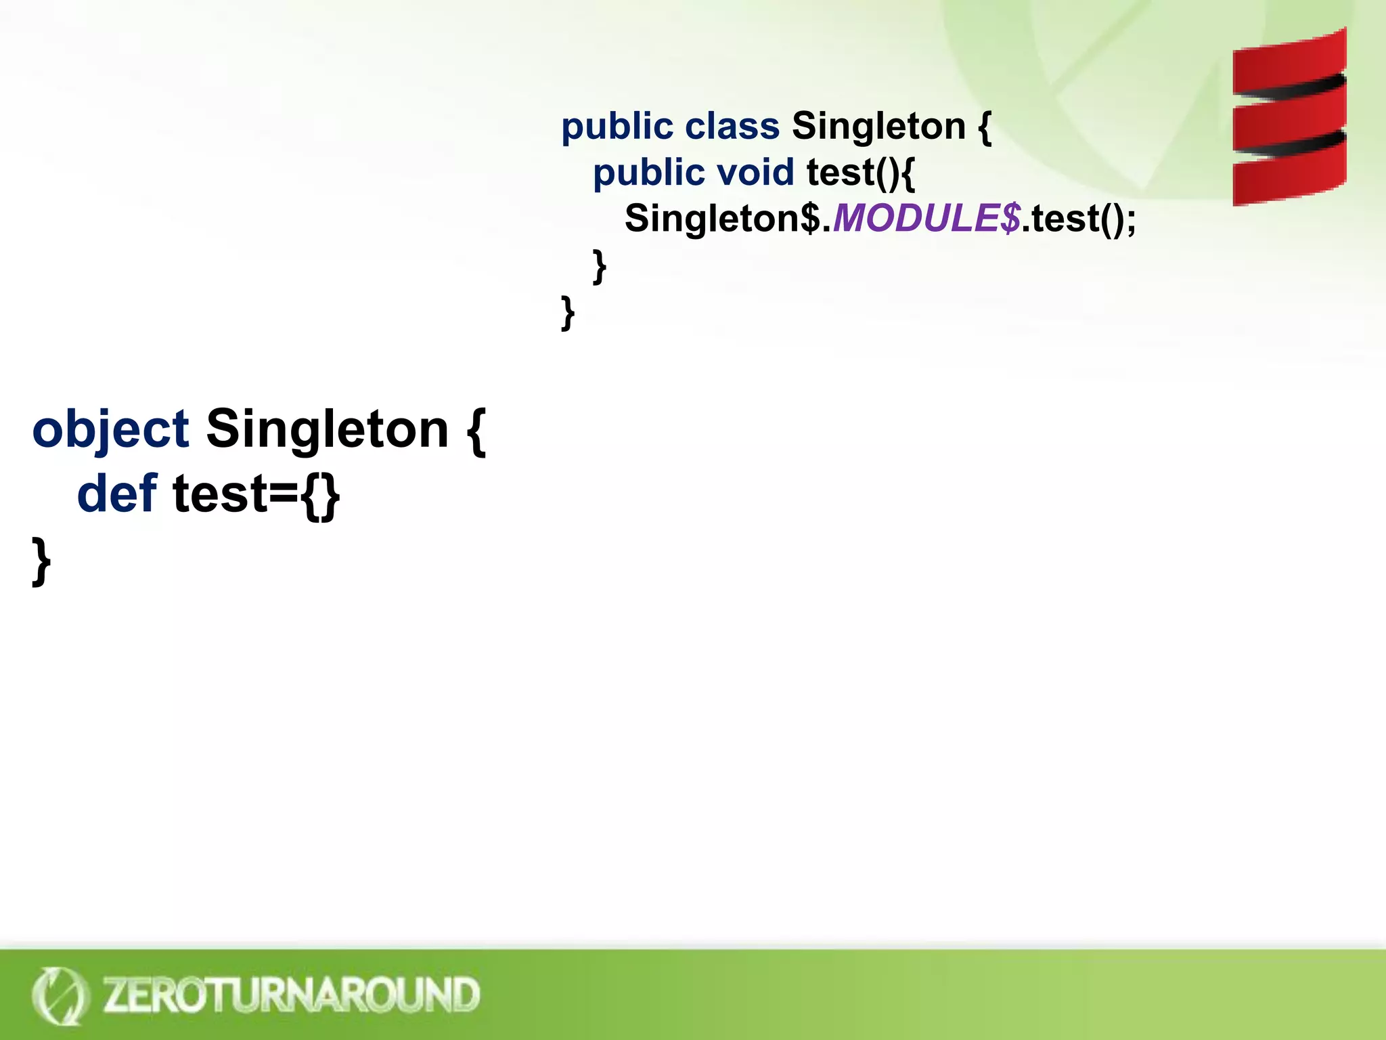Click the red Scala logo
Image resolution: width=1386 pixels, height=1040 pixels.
(x=1289, y=117)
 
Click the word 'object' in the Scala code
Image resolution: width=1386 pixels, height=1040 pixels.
(x=110, y=429)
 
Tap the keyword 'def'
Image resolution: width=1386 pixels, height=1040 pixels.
(x=116, y=494)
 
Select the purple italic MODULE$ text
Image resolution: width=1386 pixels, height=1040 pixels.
(x=926, y=219)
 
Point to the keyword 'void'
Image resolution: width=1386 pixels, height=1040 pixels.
(x=755, y=173)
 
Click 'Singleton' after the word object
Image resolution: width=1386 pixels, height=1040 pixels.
(x=327, y=429)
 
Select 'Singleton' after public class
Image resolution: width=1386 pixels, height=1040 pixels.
(x=878, y=127)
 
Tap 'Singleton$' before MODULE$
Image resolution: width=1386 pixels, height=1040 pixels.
(x=722, y=219)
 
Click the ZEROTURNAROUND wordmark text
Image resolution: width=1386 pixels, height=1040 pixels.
(x=291, y=995)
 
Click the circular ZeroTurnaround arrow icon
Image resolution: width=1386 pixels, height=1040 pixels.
(x=60, y=995)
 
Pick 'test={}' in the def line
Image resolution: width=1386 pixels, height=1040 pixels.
(x=256, y=494)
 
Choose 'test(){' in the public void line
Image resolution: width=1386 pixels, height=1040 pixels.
(x=860, y=173)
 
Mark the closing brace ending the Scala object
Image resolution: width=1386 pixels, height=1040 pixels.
(x=41, y=561)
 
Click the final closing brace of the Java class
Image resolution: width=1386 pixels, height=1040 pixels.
(x=568, y=312)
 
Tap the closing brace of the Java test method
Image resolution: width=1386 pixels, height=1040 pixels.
(x=599, y=266)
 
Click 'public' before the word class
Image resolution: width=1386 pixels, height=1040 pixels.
(x=617, y=127)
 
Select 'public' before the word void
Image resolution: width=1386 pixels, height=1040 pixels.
(x=648, y=173)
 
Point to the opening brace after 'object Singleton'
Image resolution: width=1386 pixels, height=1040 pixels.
(x=476, y=431)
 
